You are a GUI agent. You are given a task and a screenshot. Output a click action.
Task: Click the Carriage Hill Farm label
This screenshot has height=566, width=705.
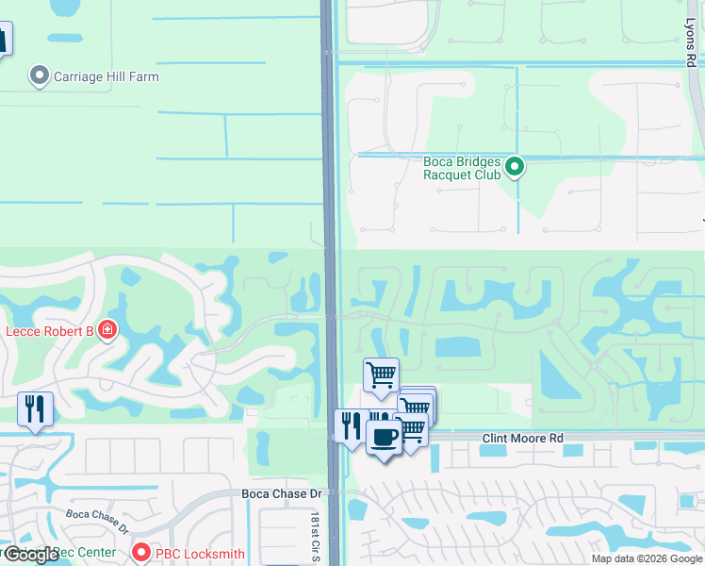pos(106,76)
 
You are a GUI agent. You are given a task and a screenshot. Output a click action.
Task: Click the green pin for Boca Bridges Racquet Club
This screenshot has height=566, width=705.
pos(515,168)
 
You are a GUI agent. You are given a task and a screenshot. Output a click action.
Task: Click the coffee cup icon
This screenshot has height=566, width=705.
pos(384,438)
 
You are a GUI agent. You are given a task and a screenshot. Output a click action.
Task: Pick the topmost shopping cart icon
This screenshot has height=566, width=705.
pos(381,375)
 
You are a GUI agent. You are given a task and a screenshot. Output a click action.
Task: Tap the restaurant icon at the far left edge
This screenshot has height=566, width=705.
pos(35,408)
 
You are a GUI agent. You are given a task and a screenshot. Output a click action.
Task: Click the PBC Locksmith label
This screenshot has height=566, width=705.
pos(200,554)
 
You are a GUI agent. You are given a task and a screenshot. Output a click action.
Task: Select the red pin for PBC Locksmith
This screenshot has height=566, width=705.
pos(141,553)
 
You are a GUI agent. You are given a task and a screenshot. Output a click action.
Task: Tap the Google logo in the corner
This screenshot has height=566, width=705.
pos(30,555)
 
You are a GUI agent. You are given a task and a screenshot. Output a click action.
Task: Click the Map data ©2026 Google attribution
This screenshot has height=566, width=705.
pos(647,558)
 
